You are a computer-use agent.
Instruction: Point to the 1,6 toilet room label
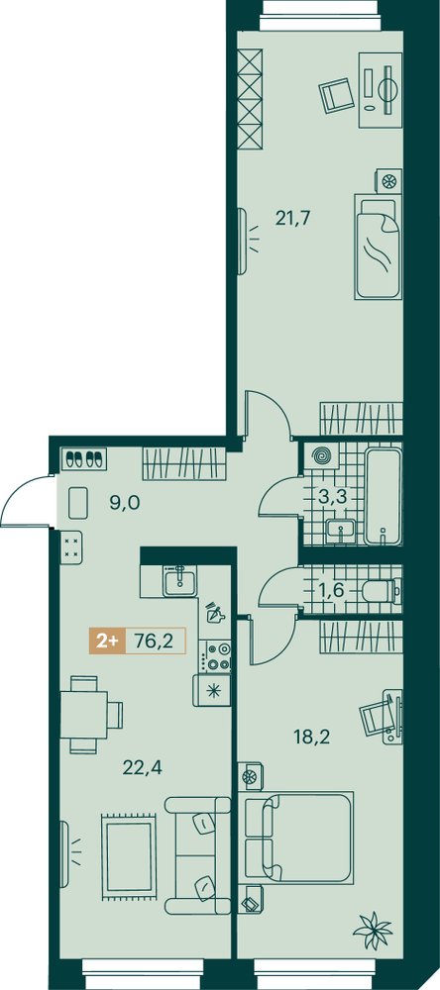click(x=331, y=591)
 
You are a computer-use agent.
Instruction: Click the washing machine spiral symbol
click(x=314, y=456)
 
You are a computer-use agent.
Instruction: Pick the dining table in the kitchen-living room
click(x=84, y=714)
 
